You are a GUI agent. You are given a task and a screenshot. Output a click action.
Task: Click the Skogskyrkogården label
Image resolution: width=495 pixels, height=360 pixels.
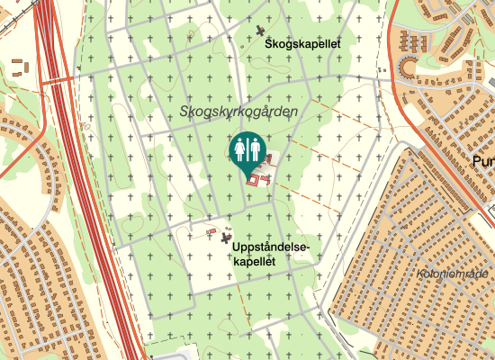[x=238, y=112]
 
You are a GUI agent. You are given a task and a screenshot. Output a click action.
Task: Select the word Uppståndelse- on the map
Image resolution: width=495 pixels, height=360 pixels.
[x=270, y=247]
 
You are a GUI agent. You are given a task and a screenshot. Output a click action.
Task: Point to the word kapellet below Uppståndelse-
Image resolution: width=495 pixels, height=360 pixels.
[x=254, y=260]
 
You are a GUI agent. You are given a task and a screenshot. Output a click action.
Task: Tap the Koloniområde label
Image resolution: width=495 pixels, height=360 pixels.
[x=452, y=274]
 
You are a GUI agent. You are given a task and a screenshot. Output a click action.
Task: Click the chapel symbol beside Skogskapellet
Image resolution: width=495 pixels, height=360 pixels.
[x=261, y=31]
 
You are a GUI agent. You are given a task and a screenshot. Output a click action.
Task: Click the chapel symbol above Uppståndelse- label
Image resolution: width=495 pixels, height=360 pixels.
[x=226, y=238]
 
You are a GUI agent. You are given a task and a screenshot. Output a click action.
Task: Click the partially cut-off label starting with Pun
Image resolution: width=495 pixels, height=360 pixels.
[x=482, y=161]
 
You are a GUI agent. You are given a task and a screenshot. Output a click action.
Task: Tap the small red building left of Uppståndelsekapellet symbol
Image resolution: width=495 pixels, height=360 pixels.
[x=211, y=231]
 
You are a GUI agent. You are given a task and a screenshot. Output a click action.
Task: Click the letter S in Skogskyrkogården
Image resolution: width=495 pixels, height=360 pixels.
[x=184, y=112]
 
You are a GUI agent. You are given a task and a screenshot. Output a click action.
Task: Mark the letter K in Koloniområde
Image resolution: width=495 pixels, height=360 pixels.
[x=421, y=274]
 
